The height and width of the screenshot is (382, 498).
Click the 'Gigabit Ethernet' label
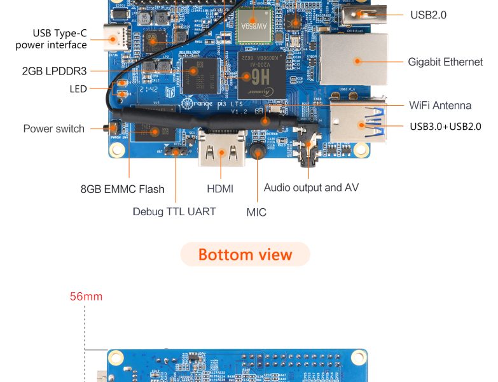pyautogui.click(x=445, y=62)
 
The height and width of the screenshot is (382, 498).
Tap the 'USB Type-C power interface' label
pyautogui.click(x=51, y=39)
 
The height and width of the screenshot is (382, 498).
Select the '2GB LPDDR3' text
pyautogui.click(x=54, y=71)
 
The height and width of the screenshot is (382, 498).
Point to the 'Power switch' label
pyautogui.click(x=53, y=129)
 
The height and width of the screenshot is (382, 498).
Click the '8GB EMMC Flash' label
pyautogui.click(x=122, y=189)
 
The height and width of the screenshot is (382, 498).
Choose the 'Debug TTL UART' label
pyautogui.click(x=174, y=211)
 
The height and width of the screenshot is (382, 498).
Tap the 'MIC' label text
pyautogui.click(x=256, y=212)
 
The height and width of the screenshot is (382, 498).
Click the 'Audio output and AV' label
pyautogui.click(x=311, y=188)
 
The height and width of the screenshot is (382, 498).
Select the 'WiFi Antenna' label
pyautogui.click(x=440, y=105)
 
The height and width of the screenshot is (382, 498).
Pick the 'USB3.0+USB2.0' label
pyautogui.click(x=445, y=126)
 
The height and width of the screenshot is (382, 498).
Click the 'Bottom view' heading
pyautogui.click(x=245, y=255)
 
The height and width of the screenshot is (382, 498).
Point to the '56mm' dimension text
pyautogui.click(x=86, y=297)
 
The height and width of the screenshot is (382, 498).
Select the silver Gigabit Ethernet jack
pyautogui.click(x=352, y=60)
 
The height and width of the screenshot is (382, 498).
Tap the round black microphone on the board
pyautogui.click(x=257, y=152)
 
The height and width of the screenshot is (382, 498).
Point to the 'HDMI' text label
pyautogui.click(x=220, y=189)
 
